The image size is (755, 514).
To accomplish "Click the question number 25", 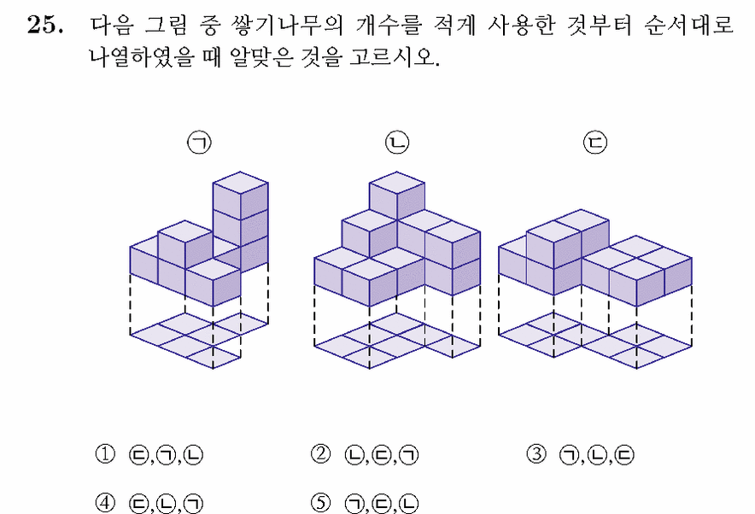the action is click(44, 24).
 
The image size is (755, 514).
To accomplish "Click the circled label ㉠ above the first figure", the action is click(199, 143).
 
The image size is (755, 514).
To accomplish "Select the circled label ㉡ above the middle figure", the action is click(397, 143).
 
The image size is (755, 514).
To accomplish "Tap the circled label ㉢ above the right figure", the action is click(595, 143).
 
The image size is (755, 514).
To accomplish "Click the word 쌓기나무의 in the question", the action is click(288, 25).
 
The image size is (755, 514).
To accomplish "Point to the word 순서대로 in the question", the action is click(688, 25).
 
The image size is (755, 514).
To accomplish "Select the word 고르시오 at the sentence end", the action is click(394, 57).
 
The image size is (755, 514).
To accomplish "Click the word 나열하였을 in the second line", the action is click(142, 57).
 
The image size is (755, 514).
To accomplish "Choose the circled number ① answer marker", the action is click(105, 454).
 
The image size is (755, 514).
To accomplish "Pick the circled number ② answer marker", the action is click(320, 454).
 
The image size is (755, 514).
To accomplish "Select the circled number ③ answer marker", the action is click(536, 454).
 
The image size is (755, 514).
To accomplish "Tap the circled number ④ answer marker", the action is click(105, 503).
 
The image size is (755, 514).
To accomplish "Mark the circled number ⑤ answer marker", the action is click(320, 503).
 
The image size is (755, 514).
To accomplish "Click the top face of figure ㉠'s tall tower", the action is click(240, 183).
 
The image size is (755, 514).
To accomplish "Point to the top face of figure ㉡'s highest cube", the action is click(397, 183).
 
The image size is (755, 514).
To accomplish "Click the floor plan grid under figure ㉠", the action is click(199, 341).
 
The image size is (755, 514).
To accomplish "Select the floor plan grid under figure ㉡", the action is click(397, 341).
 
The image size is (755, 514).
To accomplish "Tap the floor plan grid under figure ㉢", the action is click(595, 341).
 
